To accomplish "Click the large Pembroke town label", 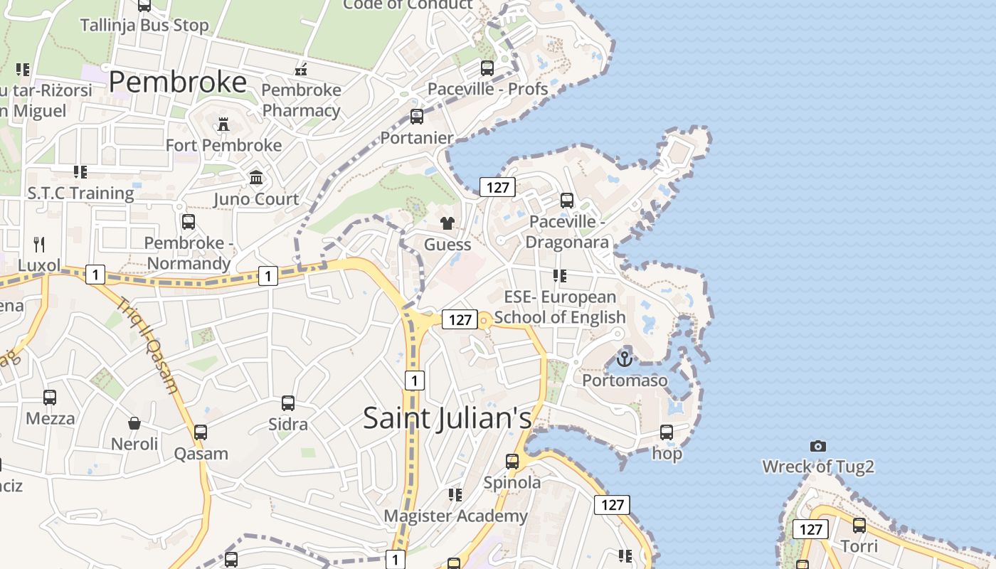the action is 178,83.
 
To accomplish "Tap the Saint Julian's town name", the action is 447,418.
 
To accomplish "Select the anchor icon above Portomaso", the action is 625,359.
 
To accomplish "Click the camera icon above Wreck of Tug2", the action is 818,446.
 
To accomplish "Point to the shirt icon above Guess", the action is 447,223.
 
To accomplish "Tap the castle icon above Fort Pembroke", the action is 223,124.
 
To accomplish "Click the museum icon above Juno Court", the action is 256,177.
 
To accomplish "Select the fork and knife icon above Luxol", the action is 39,245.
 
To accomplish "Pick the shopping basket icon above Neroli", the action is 134,424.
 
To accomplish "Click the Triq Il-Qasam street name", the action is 147,345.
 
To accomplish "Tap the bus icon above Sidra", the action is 288,403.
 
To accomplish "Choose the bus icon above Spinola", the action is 512,461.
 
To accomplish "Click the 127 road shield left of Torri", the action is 810,529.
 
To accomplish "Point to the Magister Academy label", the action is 456,516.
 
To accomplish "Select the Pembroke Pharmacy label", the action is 302,100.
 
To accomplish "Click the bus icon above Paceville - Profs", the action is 487,68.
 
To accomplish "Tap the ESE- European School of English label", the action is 560,307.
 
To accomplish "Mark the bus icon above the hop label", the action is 667,432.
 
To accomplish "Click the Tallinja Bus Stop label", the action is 144,26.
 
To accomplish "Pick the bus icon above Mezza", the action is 50,398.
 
